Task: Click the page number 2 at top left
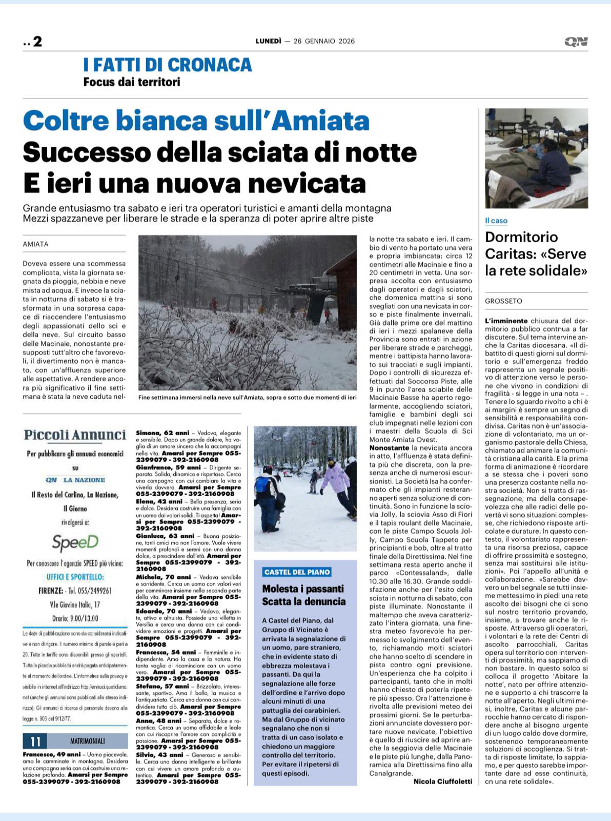(37, 42)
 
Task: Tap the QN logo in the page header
(576, 42)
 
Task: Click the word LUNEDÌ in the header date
(269, 41)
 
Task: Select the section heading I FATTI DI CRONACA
(168, 65)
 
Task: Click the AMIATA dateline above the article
(36, 244)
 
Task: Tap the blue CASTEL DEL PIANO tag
(297, 572)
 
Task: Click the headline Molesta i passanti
(303, 589)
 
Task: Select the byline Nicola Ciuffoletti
(443, 781)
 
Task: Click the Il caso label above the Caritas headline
(496, 221)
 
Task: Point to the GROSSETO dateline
(504, 301)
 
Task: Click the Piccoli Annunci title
(75, 435)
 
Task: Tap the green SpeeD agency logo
(75, 542)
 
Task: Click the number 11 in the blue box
(35, 741)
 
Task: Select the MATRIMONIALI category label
(87, 741)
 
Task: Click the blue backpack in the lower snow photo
(262, 484)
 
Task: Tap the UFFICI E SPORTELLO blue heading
(75, 577)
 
